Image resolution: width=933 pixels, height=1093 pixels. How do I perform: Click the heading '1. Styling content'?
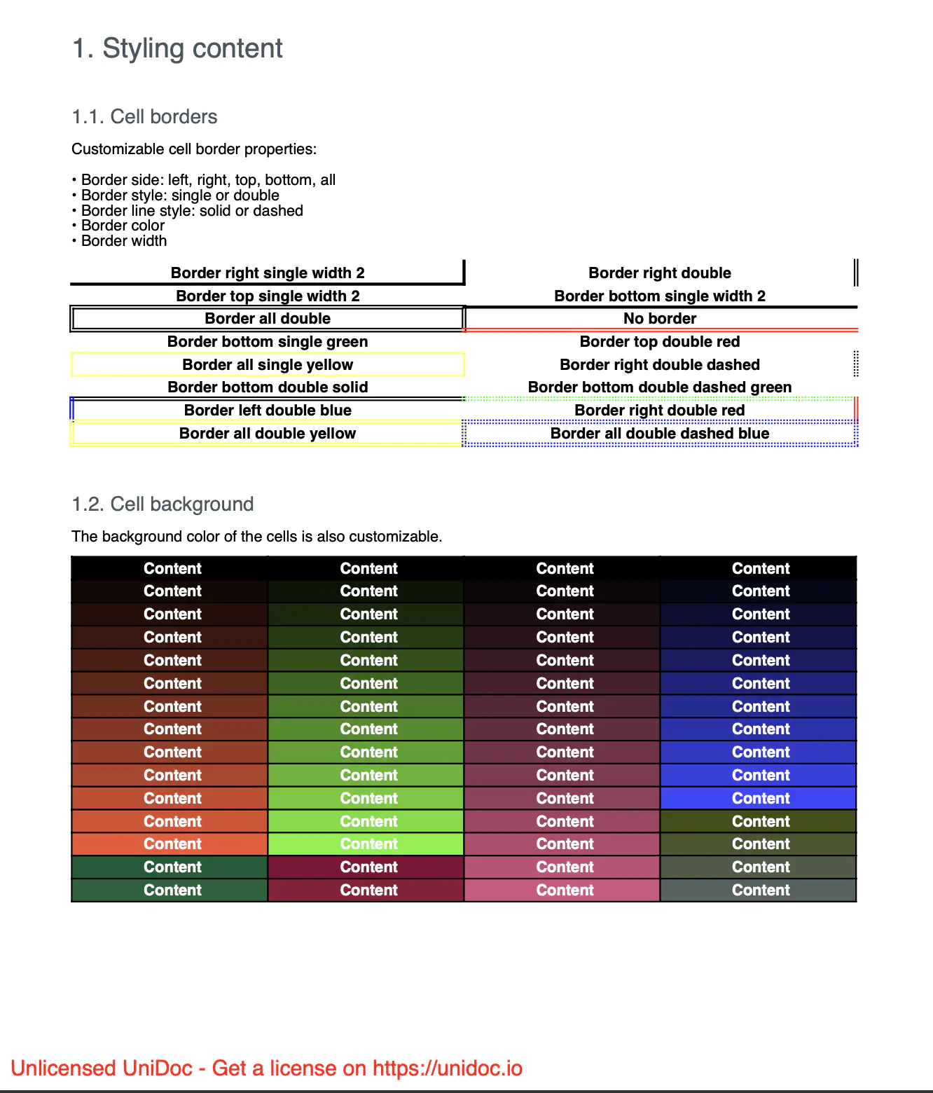[x=177, y=48]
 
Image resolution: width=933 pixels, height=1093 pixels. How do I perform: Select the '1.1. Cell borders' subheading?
[x=144, y=116]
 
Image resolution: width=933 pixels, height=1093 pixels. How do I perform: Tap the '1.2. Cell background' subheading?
[x=163, y=504]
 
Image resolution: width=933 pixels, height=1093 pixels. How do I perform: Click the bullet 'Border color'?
[x=123, y=226]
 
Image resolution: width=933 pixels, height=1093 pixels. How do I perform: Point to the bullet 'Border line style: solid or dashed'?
[x=192, y=210]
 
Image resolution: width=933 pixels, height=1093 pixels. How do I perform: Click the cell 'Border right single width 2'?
[x=268, y=273]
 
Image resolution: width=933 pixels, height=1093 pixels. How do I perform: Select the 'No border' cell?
[x=660, y=318]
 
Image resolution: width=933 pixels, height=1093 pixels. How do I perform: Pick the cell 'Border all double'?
[x=268, y=318]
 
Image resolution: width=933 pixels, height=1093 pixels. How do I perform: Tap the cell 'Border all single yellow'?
[x=268, y=364]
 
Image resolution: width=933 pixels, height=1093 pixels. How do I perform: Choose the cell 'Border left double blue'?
[x=268, y=410]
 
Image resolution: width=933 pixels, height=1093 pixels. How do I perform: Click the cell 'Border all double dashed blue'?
[x=660, y=433]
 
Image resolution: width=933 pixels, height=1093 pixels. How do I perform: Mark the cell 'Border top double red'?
[x=660, y=341]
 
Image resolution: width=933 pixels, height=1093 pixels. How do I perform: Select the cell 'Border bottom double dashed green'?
[x=660, y=387]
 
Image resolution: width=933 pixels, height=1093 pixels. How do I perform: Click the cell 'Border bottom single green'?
[x=268, y=341]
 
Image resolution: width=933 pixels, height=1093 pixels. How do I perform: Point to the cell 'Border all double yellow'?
[x=268, y=433]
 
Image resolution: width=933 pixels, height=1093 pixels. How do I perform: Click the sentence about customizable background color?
[x=256, y=537]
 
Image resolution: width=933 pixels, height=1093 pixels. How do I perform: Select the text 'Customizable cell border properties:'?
[x=194, y=149]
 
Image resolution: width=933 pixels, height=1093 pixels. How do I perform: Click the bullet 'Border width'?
[x=124, y=241]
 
